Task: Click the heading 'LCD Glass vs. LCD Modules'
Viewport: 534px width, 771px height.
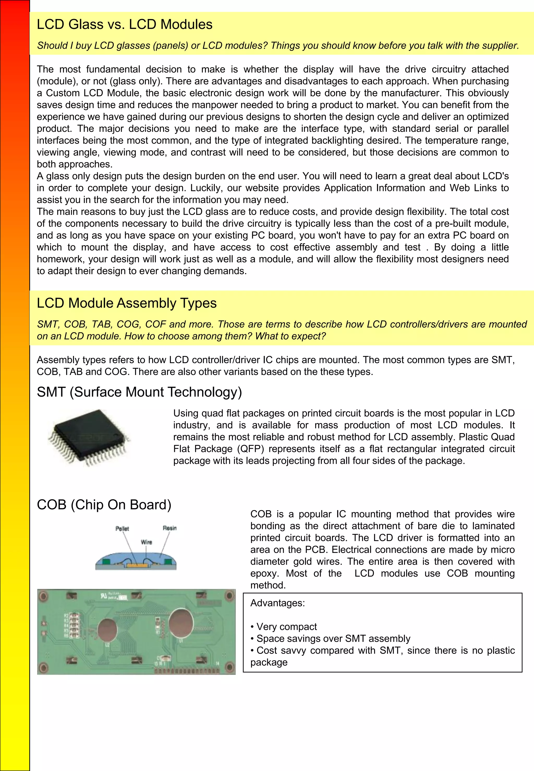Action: [x=124, y=24]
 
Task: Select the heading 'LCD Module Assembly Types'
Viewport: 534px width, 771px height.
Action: [x=126, y=303]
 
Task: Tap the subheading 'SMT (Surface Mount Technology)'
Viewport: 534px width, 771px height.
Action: [x=139, y=392]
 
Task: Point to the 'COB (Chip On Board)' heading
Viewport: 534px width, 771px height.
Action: [x=104, y=504]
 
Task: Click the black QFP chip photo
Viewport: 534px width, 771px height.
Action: [x=89, y=436]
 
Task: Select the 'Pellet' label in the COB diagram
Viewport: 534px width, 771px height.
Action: [x=122, y=529]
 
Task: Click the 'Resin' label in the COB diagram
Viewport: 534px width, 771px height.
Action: [x=170, y=528]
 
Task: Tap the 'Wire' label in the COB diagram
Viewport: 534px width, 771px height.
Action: [x=146, y=542]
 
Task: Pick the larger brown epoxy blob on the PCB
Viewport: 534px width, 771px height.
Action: [x=181, y=622]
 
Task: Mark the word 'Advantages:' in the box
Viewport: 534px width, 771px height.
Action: [x=277, y=603]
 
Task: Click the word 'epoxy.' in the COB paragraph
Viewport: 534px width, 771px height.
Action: [x=264, y=573]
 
